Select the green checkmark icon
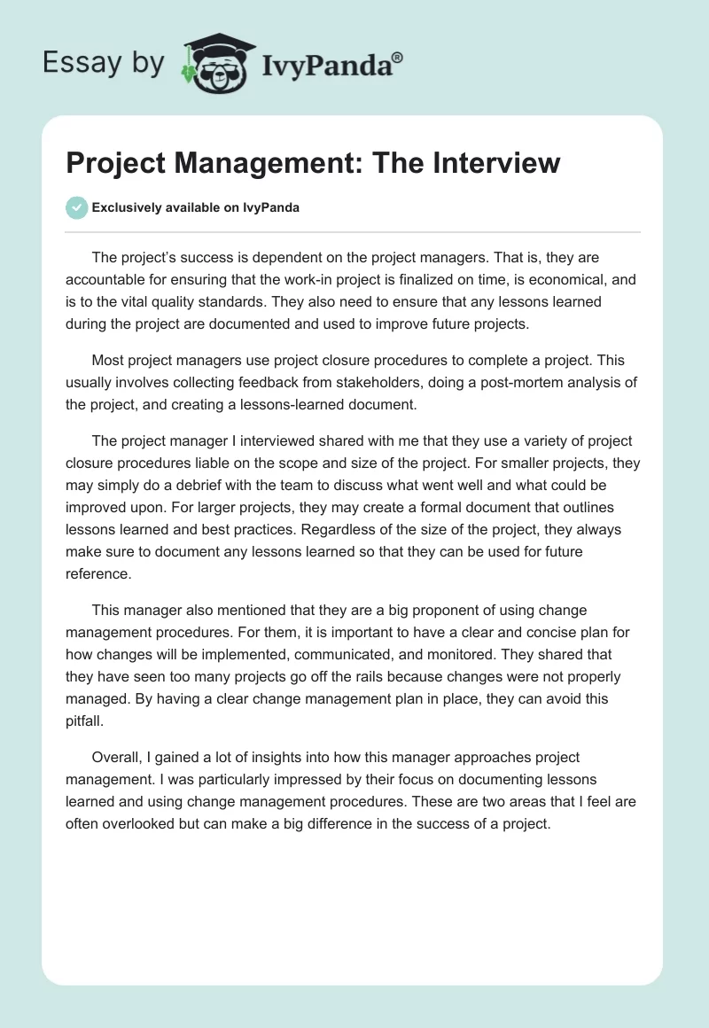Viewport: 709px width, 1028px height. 77,207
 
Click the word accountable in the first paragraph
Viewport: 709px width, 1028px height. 107,279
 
